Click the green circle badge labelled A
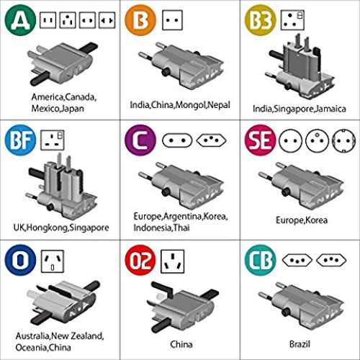(20, 20)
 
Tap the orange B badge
(140, 20)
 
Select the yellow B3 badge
(261, 20)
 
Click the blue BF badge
(20, 140)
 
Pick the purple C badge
(140, 140)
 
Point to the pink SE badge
(261, 140)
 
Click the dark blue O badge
(20, 260)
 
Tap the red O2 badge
(140, 260)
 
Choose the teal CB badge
(261, 260)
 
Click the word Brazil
(300, 344)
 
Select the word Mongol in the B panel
(191, 105)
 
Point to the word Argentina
(183, 217)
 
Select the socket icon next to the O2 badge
(173, 261)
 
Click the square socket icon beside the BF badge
(53, 140)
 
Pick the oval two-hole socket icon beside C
(177, 140)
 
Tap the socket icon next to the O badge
(53, 261)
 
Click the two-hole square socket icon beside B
(172, 20)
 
